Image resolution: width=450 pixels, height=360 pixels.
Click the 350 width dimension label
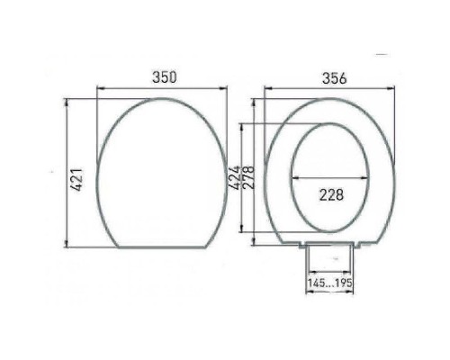pos(163,78)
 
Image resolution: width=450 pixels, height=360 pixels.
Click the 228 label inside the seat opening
pos(331,194)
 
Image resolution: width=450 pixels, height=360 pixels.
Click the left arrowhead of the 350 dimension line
pos(99,87)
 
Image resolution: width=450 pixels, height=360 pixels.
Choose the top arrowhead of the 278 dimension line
pos(255,124)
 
